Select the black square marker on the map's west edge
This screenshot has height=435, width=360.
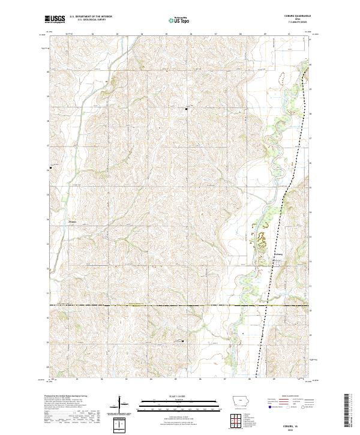coord(50,167)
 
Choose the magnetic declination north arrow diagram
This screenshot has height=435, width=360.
coord(119,405)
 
